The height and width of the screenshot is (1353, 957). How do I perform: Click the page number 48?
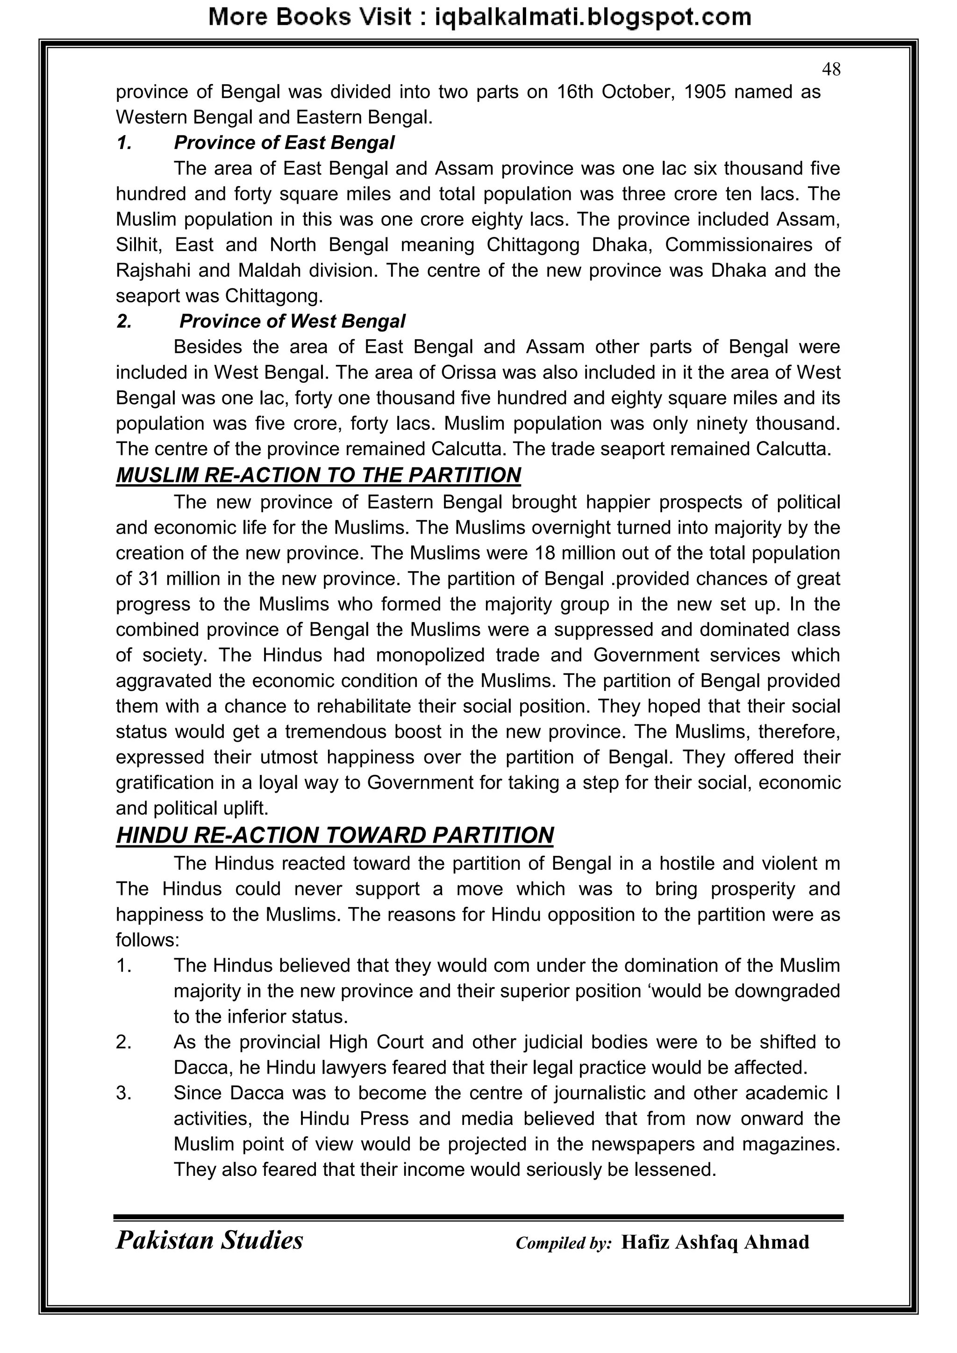tap(831, 70)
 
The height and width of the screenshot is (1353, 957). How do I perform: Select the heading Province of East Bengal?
tap(284, 143)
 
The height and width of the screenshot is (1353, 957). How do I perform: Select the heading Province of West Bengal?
tap(292, 321)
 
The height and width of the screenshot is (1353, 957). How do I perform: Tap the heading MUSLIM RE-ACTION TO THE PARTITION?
tap(318, 475)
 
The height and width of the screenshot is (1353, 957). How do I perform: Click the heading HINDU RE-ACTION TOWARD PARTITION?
tap(335, 836)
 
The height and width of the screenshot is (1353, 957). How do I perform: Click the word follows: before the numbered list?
tap(147, 940)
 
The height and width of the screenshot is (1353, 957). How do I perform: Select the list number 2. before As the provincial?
tap(124, 1043)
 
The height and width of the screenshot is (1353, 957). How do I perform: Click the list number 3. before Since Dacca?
tap(124, 1093)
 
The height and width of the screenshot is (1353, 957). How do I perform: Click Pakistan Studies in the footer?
tap(209, 1240)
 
